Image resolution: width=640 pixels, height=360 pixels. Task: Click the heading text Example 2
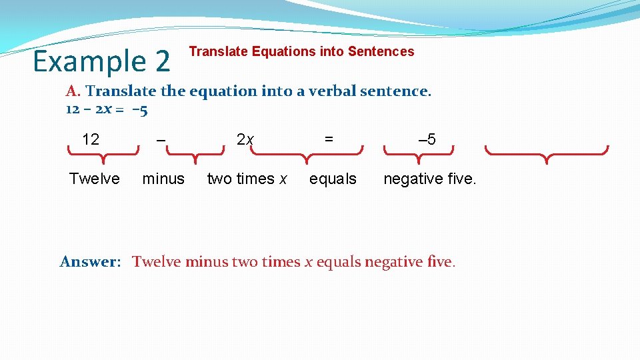101,61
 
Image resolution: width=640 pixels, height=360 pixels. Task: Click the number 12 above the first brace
91,139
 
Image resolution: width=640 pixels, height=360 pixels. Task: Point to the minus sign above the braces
161,139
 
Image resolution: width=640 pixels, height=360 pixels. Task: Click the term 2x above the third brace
245,139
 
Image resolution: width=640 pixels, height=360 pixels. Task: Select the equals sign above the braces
329,139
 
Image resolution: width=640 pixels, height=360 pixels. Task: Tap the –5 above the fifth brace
427,139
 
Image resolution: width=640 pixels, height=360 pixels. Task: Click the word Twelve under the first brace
95,179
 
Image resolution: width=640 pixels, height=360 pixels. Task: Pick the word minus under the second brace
163,179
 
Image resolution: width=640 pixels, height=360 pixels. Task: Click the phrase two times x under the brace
247,179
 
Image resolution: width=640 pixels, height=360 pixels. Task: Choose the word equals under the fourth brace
333,179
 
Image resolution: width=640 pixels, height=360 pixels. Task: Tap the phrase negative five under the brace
430,179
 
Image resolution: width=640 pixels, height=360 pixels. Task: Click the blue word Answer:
90,261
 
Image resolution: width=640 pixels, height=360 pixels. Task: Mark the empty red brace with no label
547,154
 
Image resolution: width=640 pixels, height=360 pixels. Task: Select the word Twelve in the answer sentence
157,261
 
